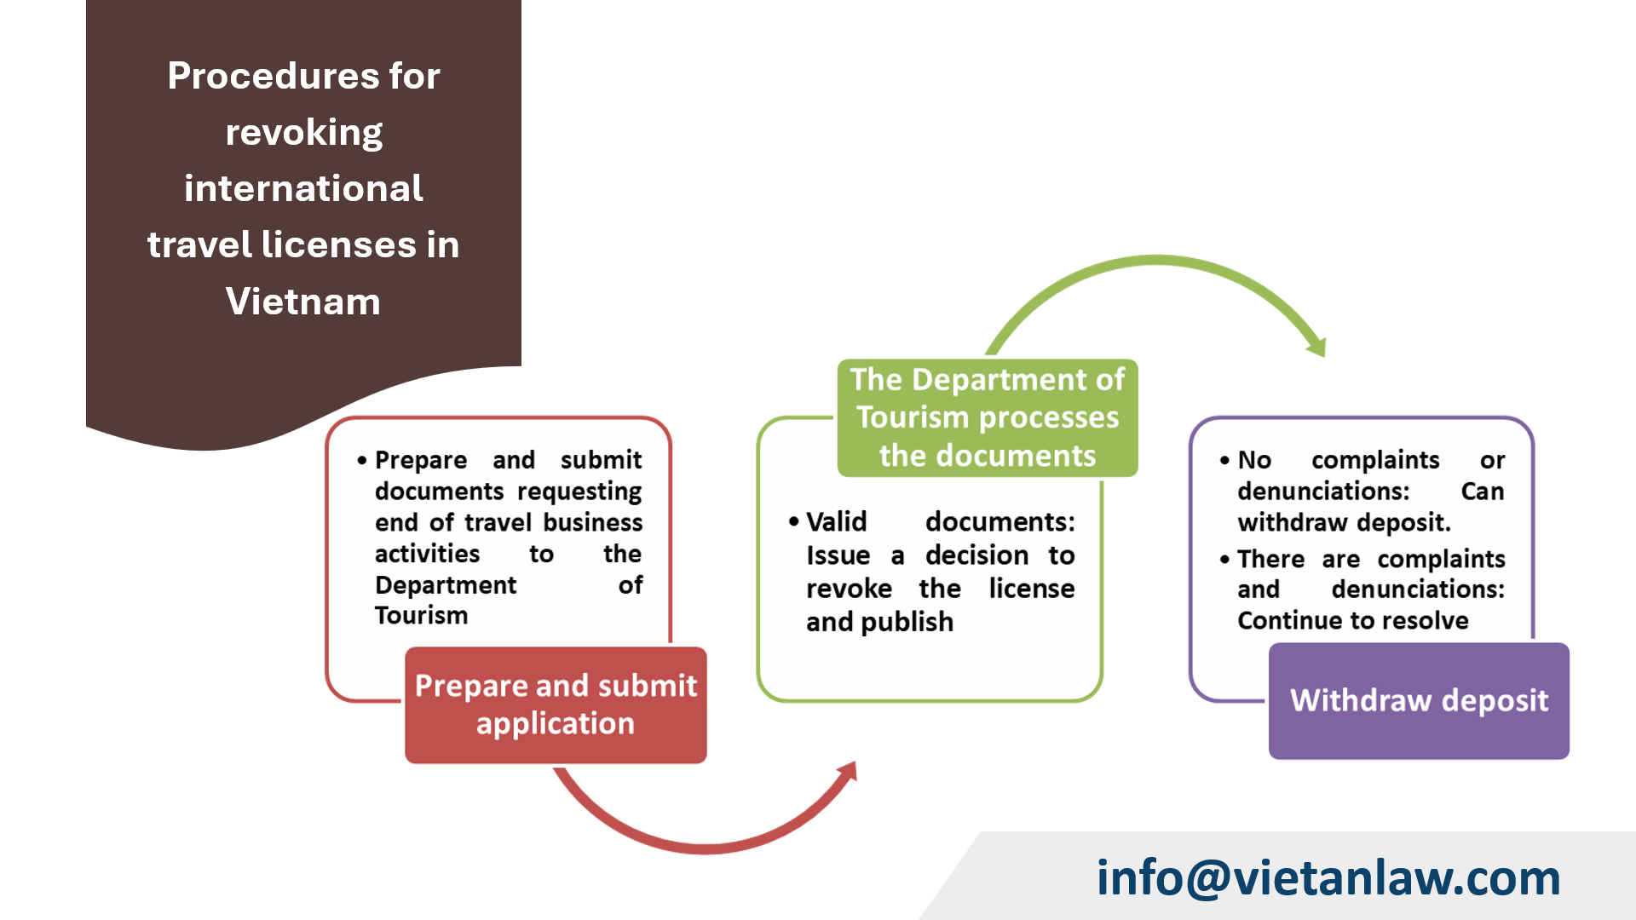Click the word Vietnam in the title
(x=303, y=302)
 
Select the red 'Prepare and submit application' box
(x=556, y=705)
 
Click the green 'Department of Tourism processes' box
(x=988, y=417)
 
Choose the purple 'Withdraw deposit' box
(x=1419, y=701)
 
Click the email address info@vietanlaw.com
(x=1328, y=877)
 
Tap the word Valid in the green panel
(x=836, y=521)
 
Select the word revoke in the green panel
(x=849, y=589)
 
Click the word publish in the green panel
(x=907, y=622)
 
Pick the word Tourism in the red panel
(x=421, y=615)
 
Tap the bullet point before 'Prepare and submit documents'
(x=362, y=460)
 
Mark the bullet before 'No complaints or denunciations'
(x=1224, y=460)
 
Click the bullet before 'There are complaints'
(x=1224, y=559)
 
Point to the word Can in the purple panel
(x=1483, y=492)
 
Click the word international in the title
(x=303, y=188)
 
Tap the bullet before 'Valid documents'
(x=793, y=521)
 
